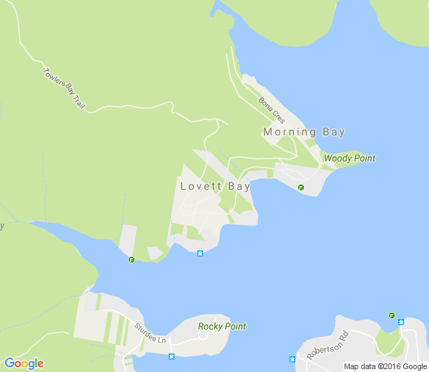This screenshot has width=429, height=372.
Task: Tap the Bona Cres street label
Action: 272,111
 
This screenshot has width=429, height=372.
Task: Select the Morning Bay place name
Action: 304,132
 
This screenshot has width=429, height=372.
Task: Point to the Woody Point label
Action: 350,158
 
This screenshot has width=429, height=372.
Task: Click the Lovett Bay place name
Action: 215,187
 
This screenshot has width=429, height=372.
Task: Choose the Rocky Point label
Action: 222,327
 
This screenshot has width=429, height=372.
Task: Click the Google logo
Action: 24,363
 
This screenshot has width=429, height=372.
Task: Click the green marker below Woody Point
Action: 301,187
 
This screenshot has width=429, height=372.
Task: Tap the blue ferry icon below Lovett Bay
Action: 200,253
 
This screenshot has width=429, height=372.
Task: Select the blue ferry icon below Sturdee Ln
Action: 171,356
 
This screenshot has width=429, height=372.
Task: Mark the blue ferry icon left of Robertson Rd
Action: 292,358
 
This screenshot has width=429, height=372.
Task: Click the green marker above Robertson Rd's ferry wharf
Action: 392,315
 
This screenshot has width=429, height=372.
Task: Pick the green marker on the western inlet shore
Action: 132,260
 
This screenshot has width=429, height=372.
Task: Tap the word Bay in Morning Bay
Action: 333,132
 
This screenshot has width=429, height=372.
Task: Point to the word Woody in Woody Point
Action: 337,158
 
